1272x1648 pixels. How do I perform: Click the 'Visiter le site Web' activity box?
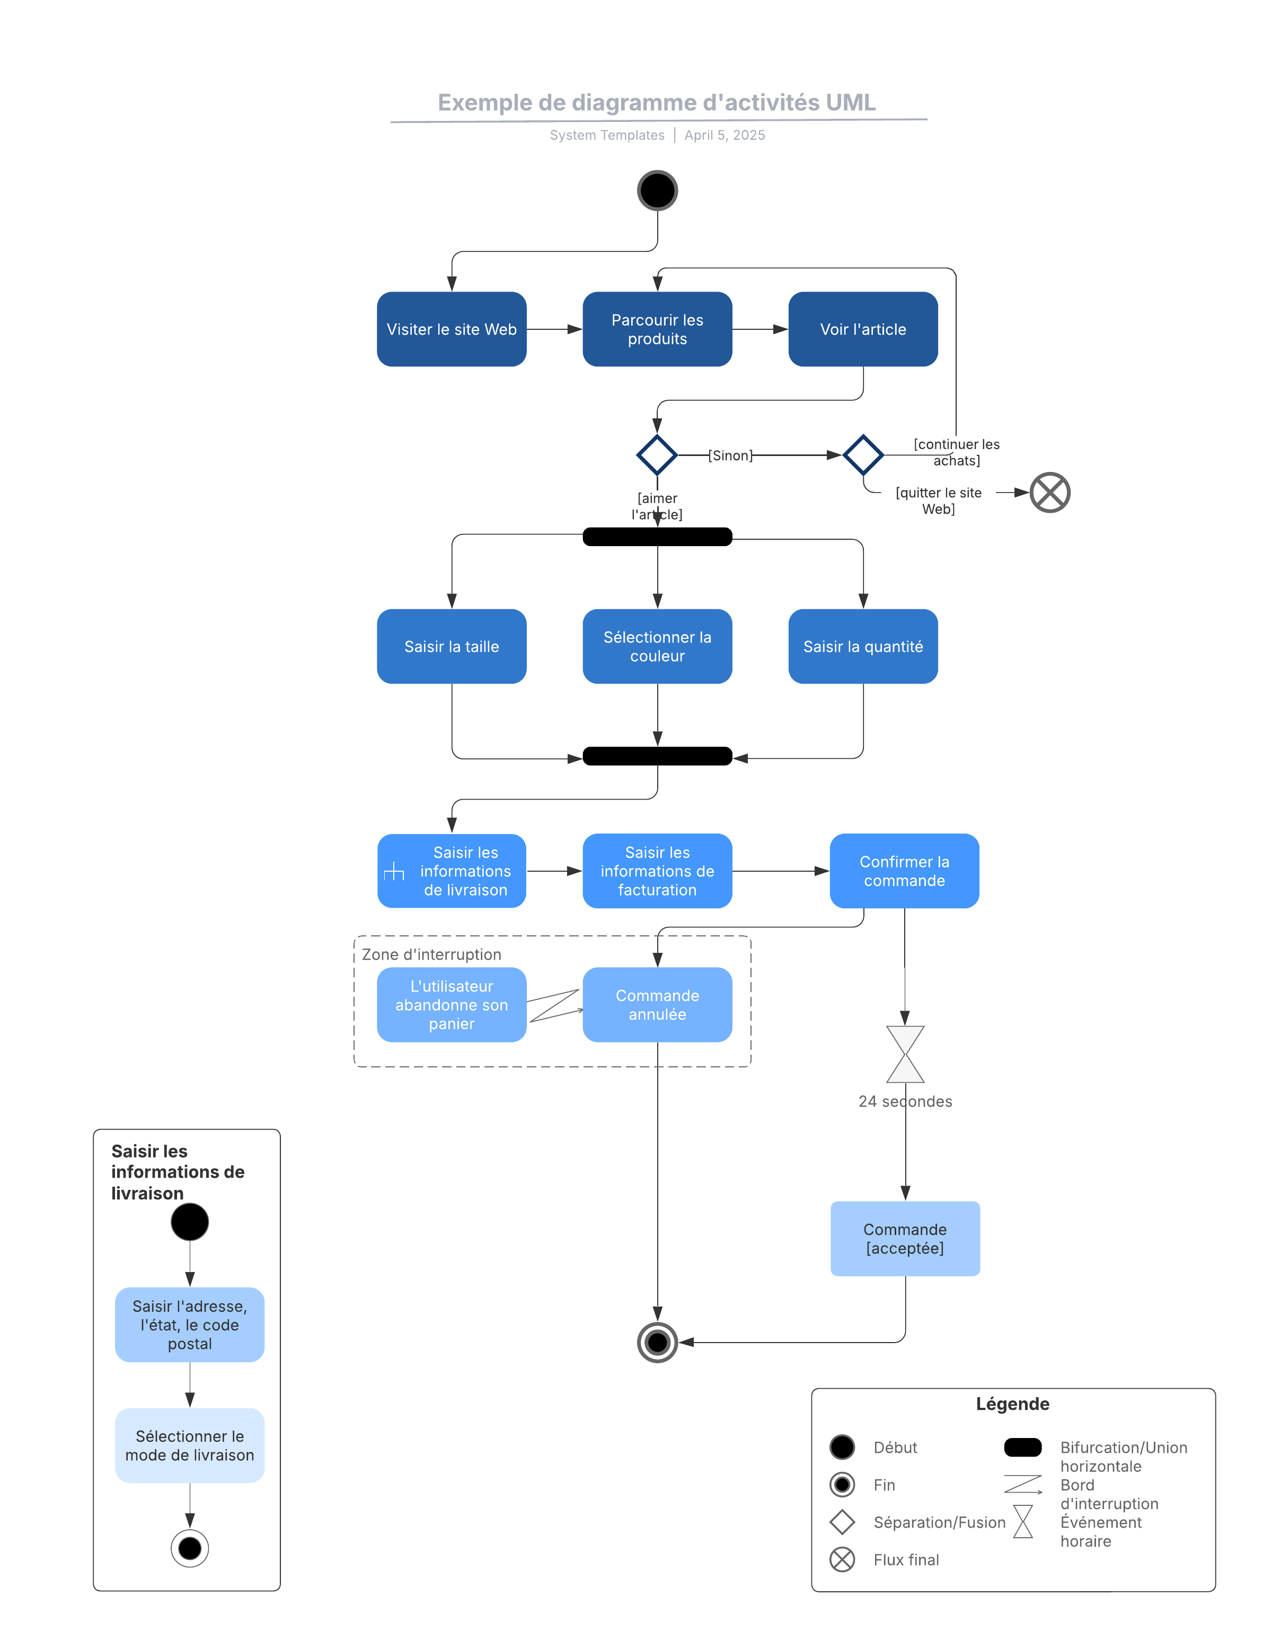451,329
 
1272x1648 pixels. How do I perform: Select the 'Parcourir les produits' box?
657,329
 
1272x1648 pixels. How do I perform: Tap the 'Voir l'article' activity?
862,329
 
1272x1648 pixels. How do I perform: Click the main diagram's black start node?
657,190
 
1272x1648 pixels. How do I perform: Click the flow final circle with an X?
1049,492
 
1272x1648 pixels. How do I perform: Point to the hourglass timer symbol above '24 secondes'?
905,1054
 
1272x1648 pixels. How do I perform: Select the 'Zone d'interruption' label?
431,954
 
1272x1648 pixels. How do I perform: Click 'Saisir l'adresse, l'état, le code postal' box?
189,1325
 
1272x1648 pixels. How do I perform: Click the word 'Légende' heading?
1012,1404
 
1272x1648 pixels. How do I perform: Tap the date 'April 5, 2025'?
725,135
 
